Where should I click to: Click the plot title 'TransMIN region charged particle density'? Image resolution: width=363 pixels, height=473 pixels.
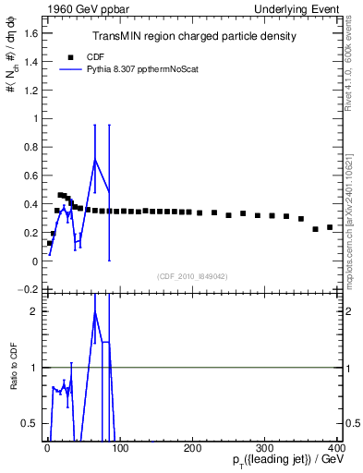194,36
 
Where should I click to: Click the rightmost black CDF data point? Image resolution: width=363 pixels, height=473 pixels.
330,226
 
